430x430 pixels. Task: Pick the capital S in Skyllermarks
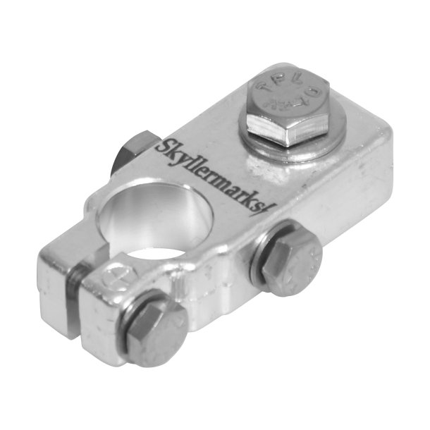coord(160,147)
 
